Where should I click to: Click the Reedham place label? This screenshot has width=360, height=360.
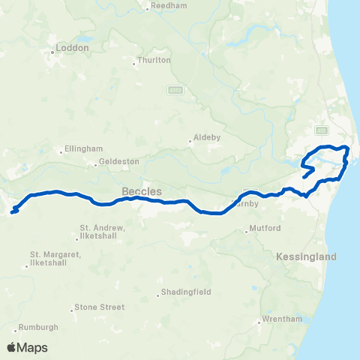coord(163,5)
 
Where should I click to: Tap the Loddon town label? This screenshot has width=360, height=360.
coord(73,47)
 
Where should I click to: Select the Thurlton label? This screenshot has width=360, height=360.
coord(154,60)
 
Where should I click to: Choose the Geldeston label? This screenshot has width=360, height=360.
coord(120,162)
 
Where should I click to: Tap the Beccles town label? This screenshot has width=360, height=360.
coord(142,191)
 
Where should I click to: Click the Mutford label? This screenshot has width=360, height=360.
coord(265,228)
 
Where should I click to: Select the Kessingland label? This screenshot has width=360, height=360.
coord(306,256)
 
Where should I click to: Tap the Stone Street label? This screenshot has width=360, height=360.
coord(99,307)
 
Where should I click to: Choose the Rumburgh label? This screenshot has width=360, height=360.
coord(39,327)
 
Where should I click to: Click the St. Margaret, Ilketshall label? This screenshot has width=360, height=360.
coord(55,258)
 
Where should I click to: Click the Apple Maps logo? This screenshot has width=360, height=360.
coord(27,347)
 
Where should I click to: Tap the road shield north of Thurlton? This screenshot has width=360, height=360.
coord(173,89)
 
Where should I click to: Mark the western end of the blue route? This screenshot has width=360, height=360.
coord(13,212)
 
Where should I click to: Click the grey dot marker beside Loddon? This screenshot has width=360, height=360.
coord(52,52)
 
